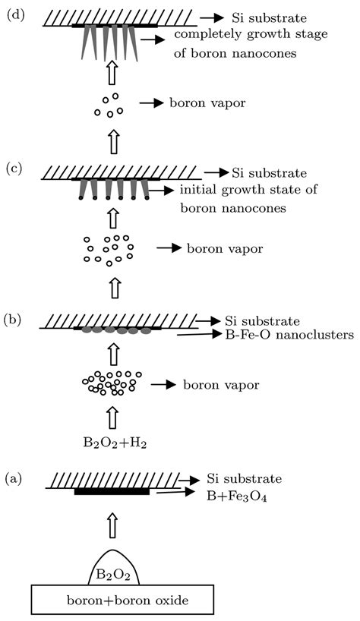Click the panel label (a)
tap(12, 479)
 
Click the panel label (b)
tap(12, 319)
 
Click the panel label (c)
tap(12, 169)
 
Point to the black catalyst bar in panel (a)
tap(112, 492)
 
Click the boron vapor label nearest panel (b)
tap(221, 386)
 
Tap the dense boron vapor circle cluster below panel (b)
tap(112, 383)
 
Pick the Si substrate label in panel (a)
tap(245, 479)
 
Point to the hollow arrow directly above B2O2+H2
tap(112, 415)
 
